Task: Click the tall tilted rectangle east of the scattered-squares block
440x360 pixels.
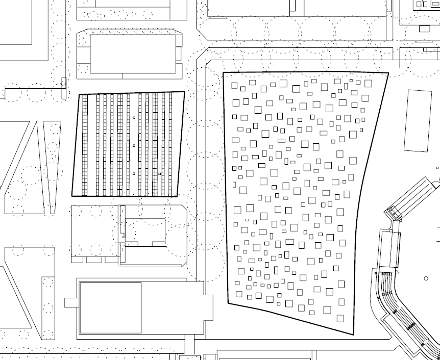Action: coord(418,121)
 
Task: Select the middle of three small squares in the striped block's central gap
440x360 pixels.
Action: coord(134,146)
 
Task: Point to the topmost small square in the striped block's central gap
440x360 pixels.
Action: coord(134,117)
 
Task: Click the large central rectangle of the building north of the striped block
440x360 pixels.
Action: coord(133,54)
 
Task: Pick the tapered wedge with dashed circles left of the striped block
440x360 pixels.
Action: coord(52,163)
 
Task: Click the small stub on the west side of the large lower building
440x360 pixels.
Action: coord(71,302)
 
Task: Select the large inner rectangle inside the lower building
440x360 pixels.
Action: coord(110,307)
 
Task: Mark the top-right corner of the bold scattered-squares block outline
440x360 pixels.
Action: coord(388,73)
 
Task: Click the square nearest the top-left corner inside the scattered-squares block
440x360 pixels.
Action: coord(234,85)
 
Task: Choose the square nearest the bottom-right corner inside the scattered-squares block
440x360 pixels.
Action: coord(340,318)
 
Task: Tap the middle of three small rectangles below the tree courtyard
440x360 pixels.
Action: coord(94,260)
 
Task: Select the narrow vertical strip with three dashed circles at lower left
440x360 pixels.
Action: coord(48,308)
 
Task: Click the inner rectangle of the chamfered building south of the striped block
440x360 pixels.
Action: coord(145,232)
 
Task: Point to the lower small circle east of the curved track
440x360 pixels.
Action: coord(426,278)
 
